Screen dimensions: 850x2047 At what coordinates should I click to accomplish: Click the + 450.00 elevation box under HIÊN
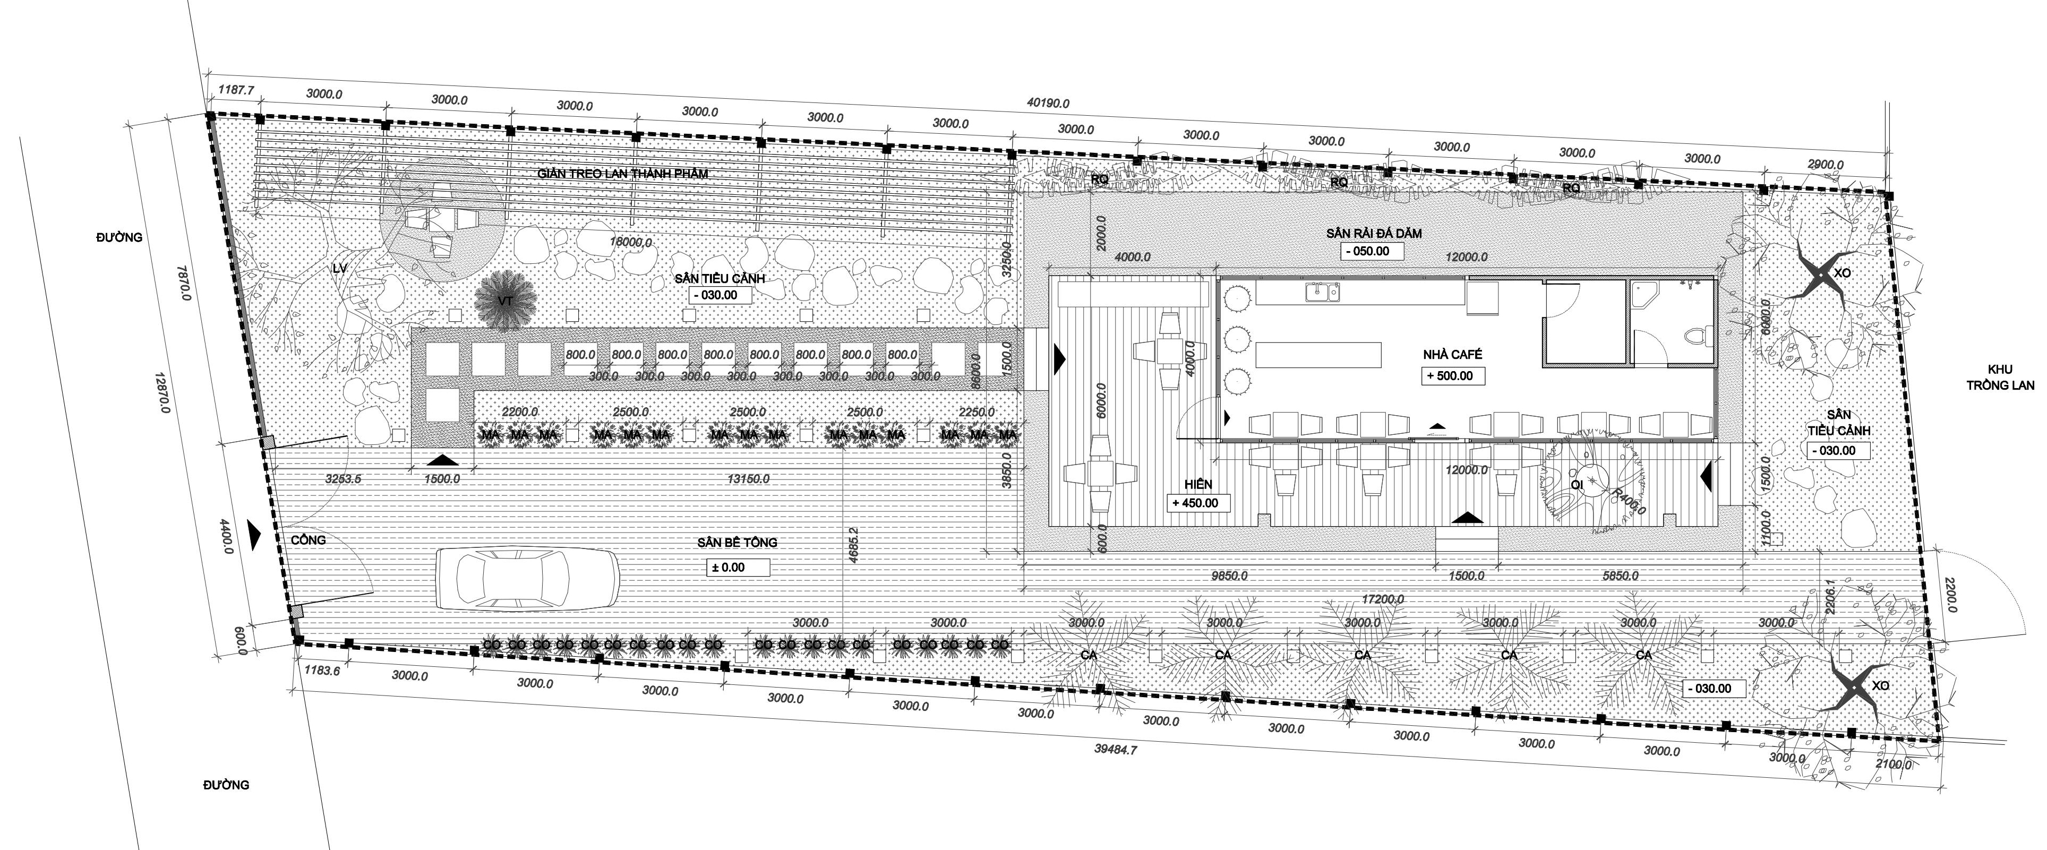[x=1200, y=503]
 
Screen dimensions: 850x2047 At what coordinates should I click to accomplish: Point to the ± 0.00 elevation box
[x=738, y=567]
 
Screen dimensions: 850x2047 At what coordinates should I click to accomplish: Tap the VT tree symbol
[x=503, y=300]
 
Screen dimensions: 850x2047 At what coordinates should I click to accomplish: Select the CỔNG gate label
[x=309, y=540]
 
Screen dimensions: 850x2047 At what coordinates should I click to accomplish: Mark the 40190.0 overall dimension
[x=1047, y=104]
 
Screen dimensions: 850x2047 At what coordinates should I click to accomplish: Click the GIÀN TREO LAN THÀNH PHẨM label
[x=621, y=173]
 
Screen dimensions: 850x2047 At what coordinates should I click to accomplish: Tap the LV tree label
[x=340, y=269]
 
